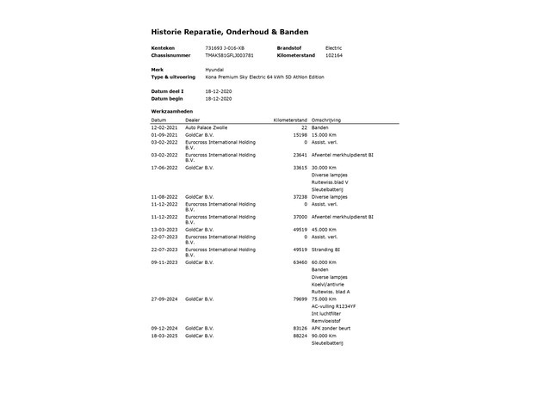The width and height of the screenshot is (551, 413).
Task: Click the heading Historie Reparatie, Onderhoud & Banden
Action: tap(230, 31)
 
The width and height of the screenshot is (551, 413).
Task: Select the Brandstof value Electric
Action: tap(333, 47)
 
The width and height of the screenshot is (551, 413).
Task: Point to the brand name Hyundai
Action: tap(214, 69)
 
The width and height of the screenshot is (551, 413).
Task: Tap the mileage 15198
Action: tap(300, 135)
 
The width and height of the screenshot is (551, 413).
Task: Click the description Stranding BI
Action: tap(328, 250)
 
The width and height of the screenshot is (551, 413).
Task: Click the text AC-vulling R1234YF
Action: tap(333, 306)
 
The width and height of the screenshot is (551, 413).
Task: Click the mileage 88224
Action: tap(300, 336)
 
